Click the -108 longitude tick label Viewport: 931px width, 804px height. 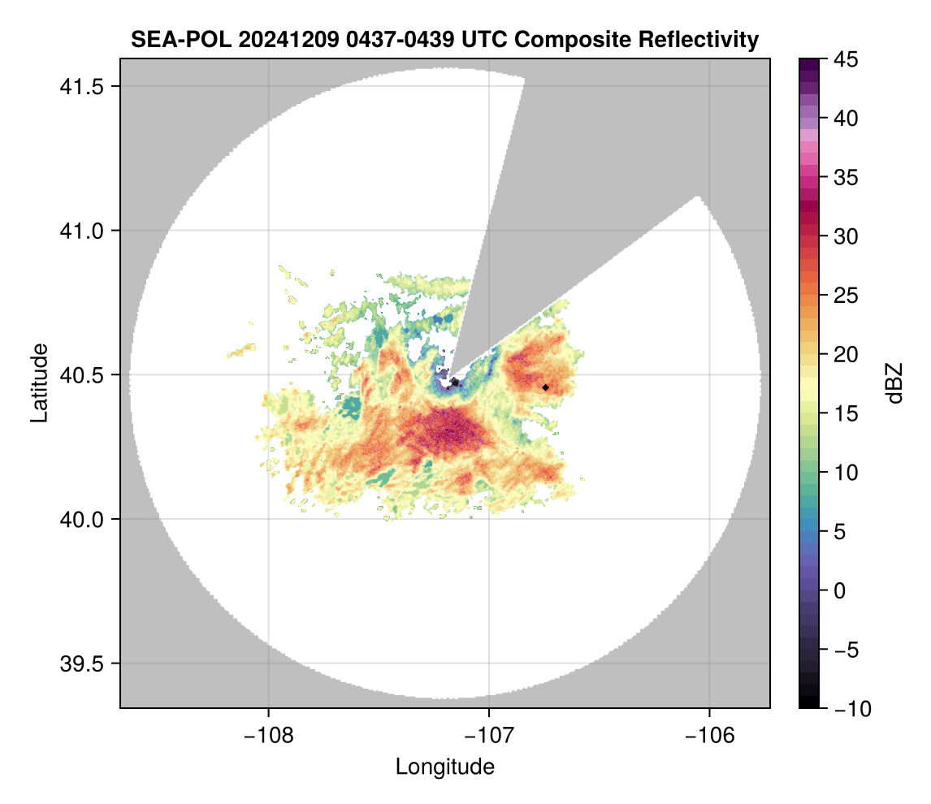267,736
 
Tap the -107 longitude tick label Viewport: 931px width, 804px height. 489,736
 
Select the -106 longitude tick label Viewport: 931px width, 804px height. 710,736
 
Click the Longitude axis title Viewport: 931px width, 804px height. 444,766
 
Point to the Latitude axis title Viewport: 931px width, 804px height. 39,383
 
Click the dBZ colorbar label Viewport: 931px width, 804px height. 894,383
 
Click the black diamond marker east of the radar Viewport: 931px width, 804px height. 546,387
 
